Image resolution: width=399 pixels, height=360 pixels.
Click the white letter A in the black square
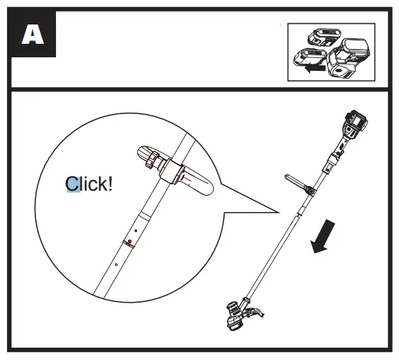32,35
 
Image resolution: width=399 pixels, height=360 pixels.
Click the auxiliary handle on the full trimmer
300,184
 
